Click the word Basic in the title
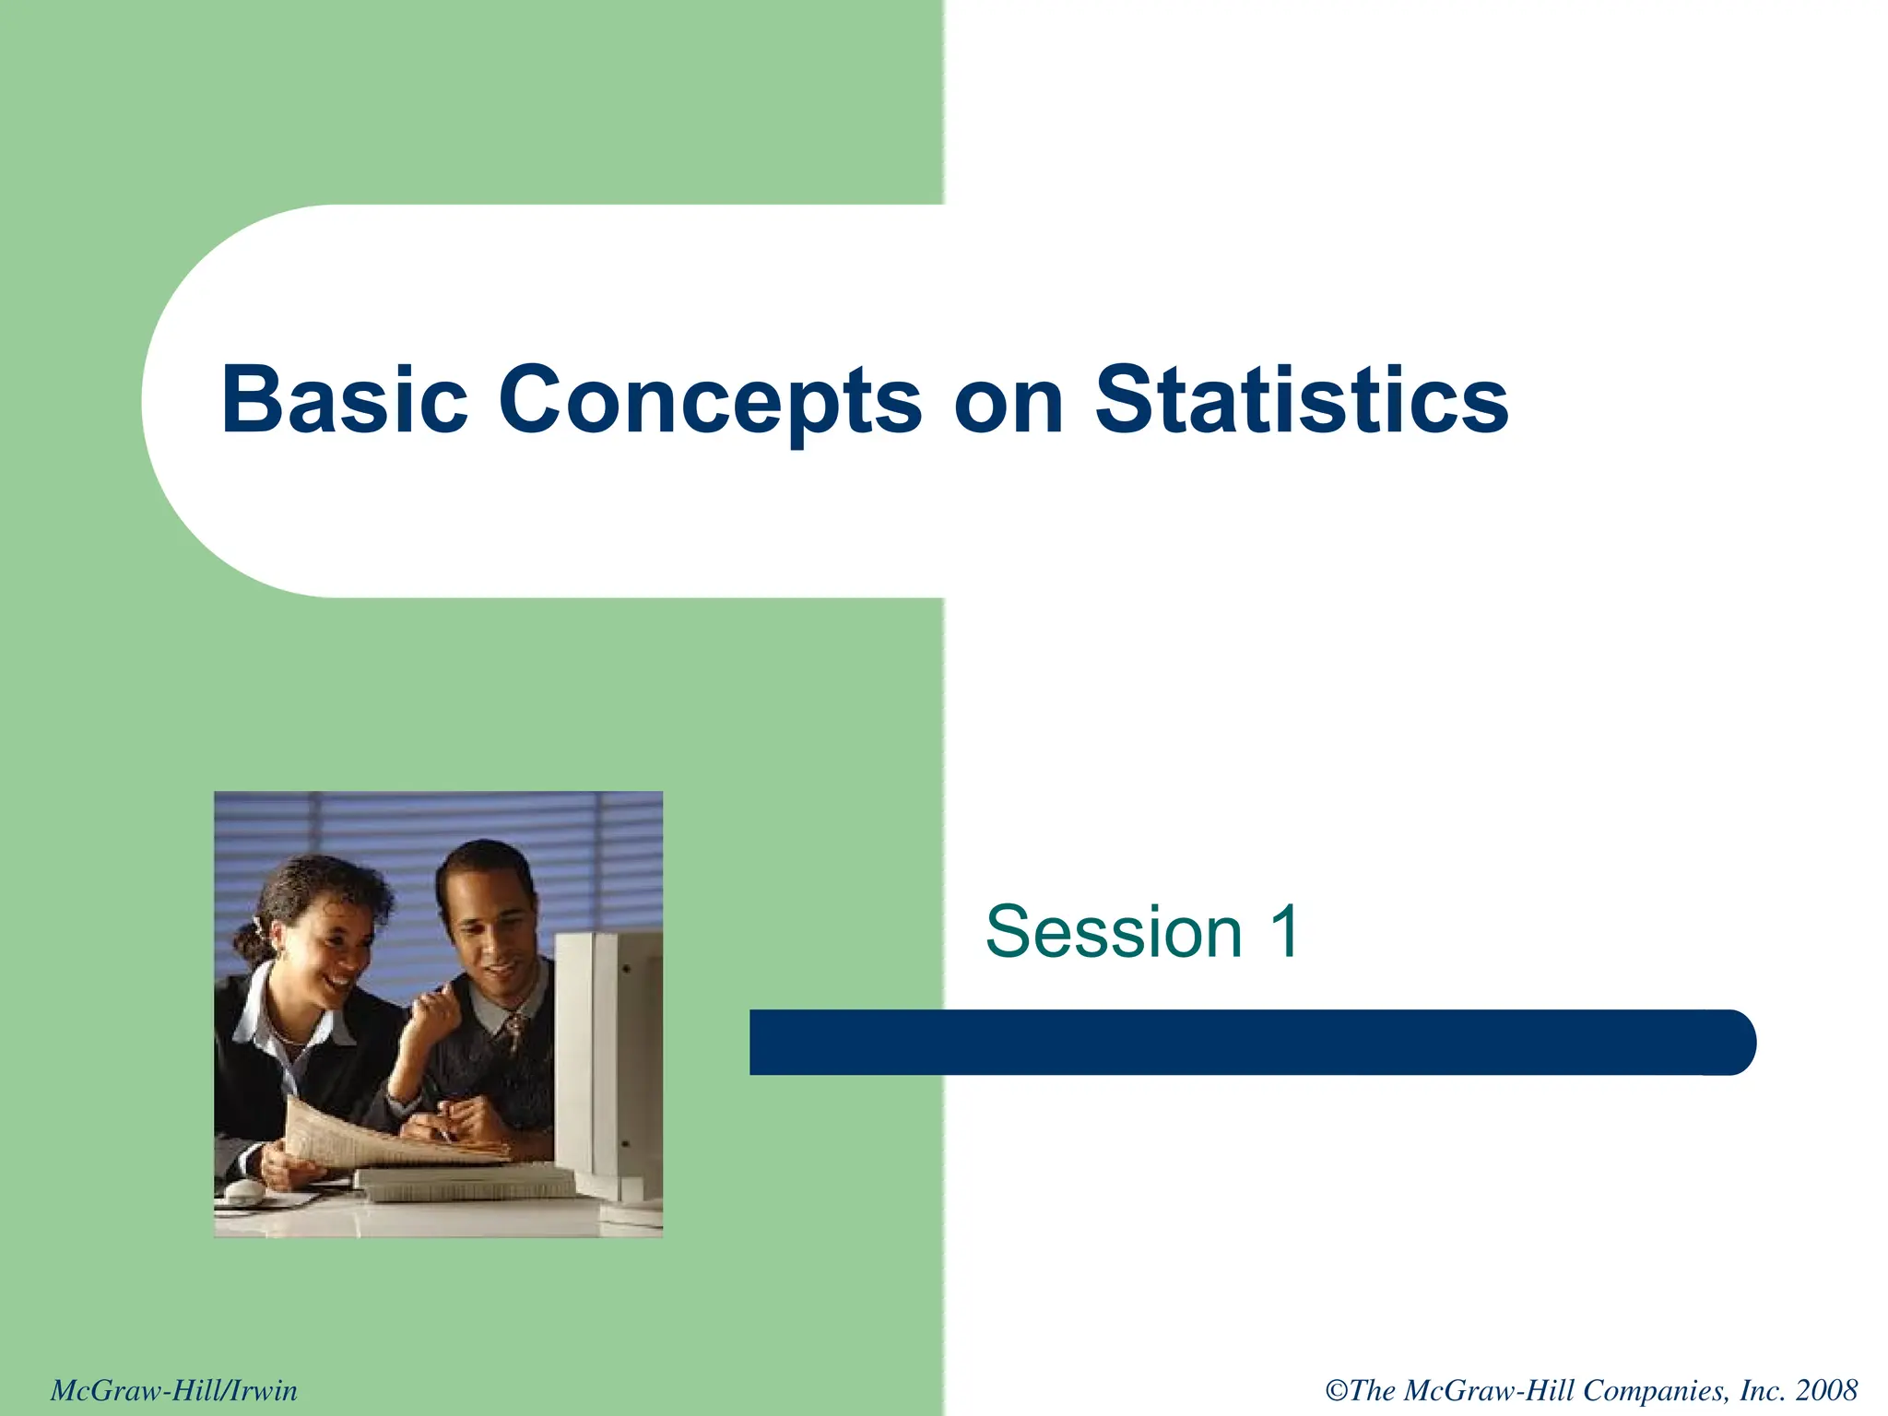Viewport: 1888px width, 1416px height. (x=344, y=400)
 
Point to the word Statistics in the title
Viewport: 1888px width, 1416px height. (x=1302, y=400)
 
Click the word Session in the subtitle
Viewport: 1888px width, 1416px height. (x=1114, y=932)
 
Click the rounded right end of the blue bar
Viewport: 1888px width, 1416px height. (x=1733, y=1042)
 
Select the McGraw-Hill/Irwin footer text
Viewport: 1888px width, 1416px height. (x=174, y=1390)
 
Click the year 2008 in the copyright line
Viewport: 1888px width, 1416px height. (x=1826, y=1390)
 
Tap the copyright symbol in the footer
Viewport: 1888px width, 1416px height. (x=1337, y=1390)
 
